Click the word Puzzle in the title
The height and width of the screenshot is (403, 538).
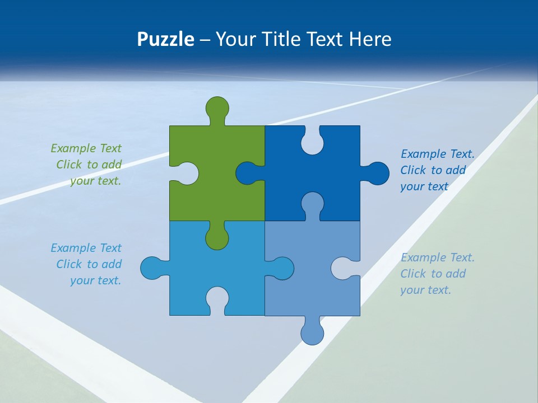(x=166, y=39)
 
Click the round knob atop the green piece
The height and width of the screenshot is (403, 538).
(x=217, y=107)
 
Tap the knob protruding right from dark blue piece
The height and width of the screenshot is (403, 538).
(x=378, y=173)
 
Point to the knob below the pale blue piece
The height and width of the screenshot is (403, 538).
(x=312, y=334)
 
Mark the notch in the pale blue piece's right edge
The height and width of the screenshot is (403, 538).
(x=343, y=268)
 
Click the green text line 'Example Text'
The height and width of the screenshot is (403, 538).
(x=86, y=148)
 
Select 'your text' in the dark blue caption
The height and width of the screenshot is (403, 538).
(x=424, y=186)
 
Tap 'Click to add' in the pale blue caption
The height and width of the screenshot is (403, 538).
(x=433, y=274)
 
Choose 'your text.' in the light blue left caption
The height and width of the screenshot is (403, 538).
(x=95, y=280)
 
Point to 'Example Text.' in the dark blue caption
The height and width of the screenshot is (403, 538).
(x=437, y=154)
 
